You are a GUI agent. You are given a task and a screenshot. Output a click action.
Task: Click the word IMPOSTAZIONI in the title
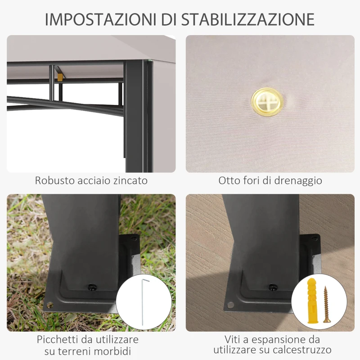point(100,19)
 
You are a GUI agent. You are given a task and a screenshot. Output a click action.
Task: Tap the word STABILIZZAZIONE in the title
point(248,19)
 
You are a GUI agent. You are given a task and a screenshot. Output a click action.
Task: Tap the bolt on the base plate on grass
point(92,287)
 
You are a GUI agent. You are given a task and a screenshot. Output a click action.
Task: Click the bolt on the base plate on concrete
point(271,286)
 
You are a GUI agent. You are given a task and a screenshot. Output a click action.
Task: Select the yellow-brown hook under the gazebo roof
point(60,77)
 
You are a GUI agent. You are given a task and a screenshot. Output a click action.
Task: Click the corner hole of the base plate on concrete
point(230,305)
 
